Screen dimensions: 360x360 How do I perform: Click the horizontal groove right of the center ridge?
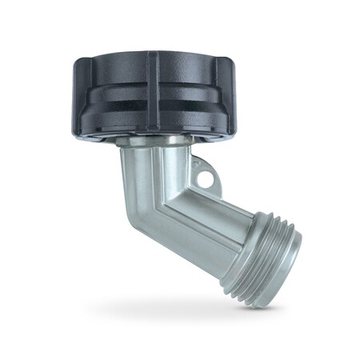pos(192,103)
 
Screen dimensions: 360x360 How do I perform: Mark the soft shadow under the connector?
pos(192,308)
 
